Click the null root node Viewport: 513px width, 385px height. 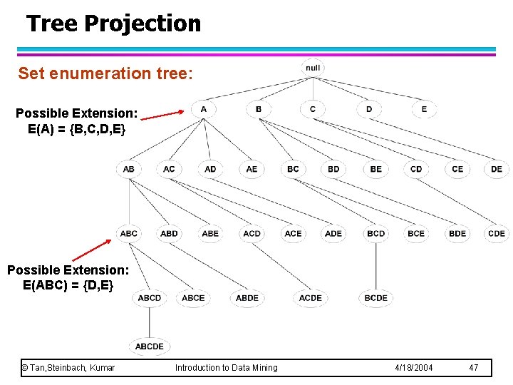pos(313,68)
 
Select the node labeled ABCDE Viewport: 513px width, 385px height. pos(150,346)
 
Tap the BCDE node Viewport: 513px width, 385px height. pos(375,297)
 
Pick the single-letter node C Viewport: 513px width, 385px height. pos(313,109)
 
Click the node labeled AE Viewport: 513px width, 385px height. pos(252,169)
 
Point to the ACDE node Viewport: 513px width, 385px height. pos(310,297)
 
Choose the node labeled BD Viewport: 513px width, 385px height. pos(334,169)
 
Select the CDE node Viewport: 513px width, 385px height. pos(497,233)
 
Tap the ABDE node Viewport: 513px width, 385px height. pos(247,297)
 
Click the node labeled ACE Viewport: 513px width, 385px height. pos(293,233)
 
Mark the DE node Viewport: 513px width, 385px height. pos(497,169)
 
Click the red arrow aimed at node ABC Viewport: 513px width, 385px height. pos(91,250)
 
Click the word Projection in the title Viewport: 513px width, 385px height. pos(142,24)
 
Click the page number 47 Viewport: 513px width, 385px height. pos(474,368)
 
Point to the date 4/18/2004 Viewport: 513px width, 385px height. pos(413,368)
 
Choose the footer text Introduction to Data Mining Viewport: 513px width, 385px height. pos(227,368)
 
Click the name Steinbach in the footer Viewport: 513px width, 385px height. pos(67,368)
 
